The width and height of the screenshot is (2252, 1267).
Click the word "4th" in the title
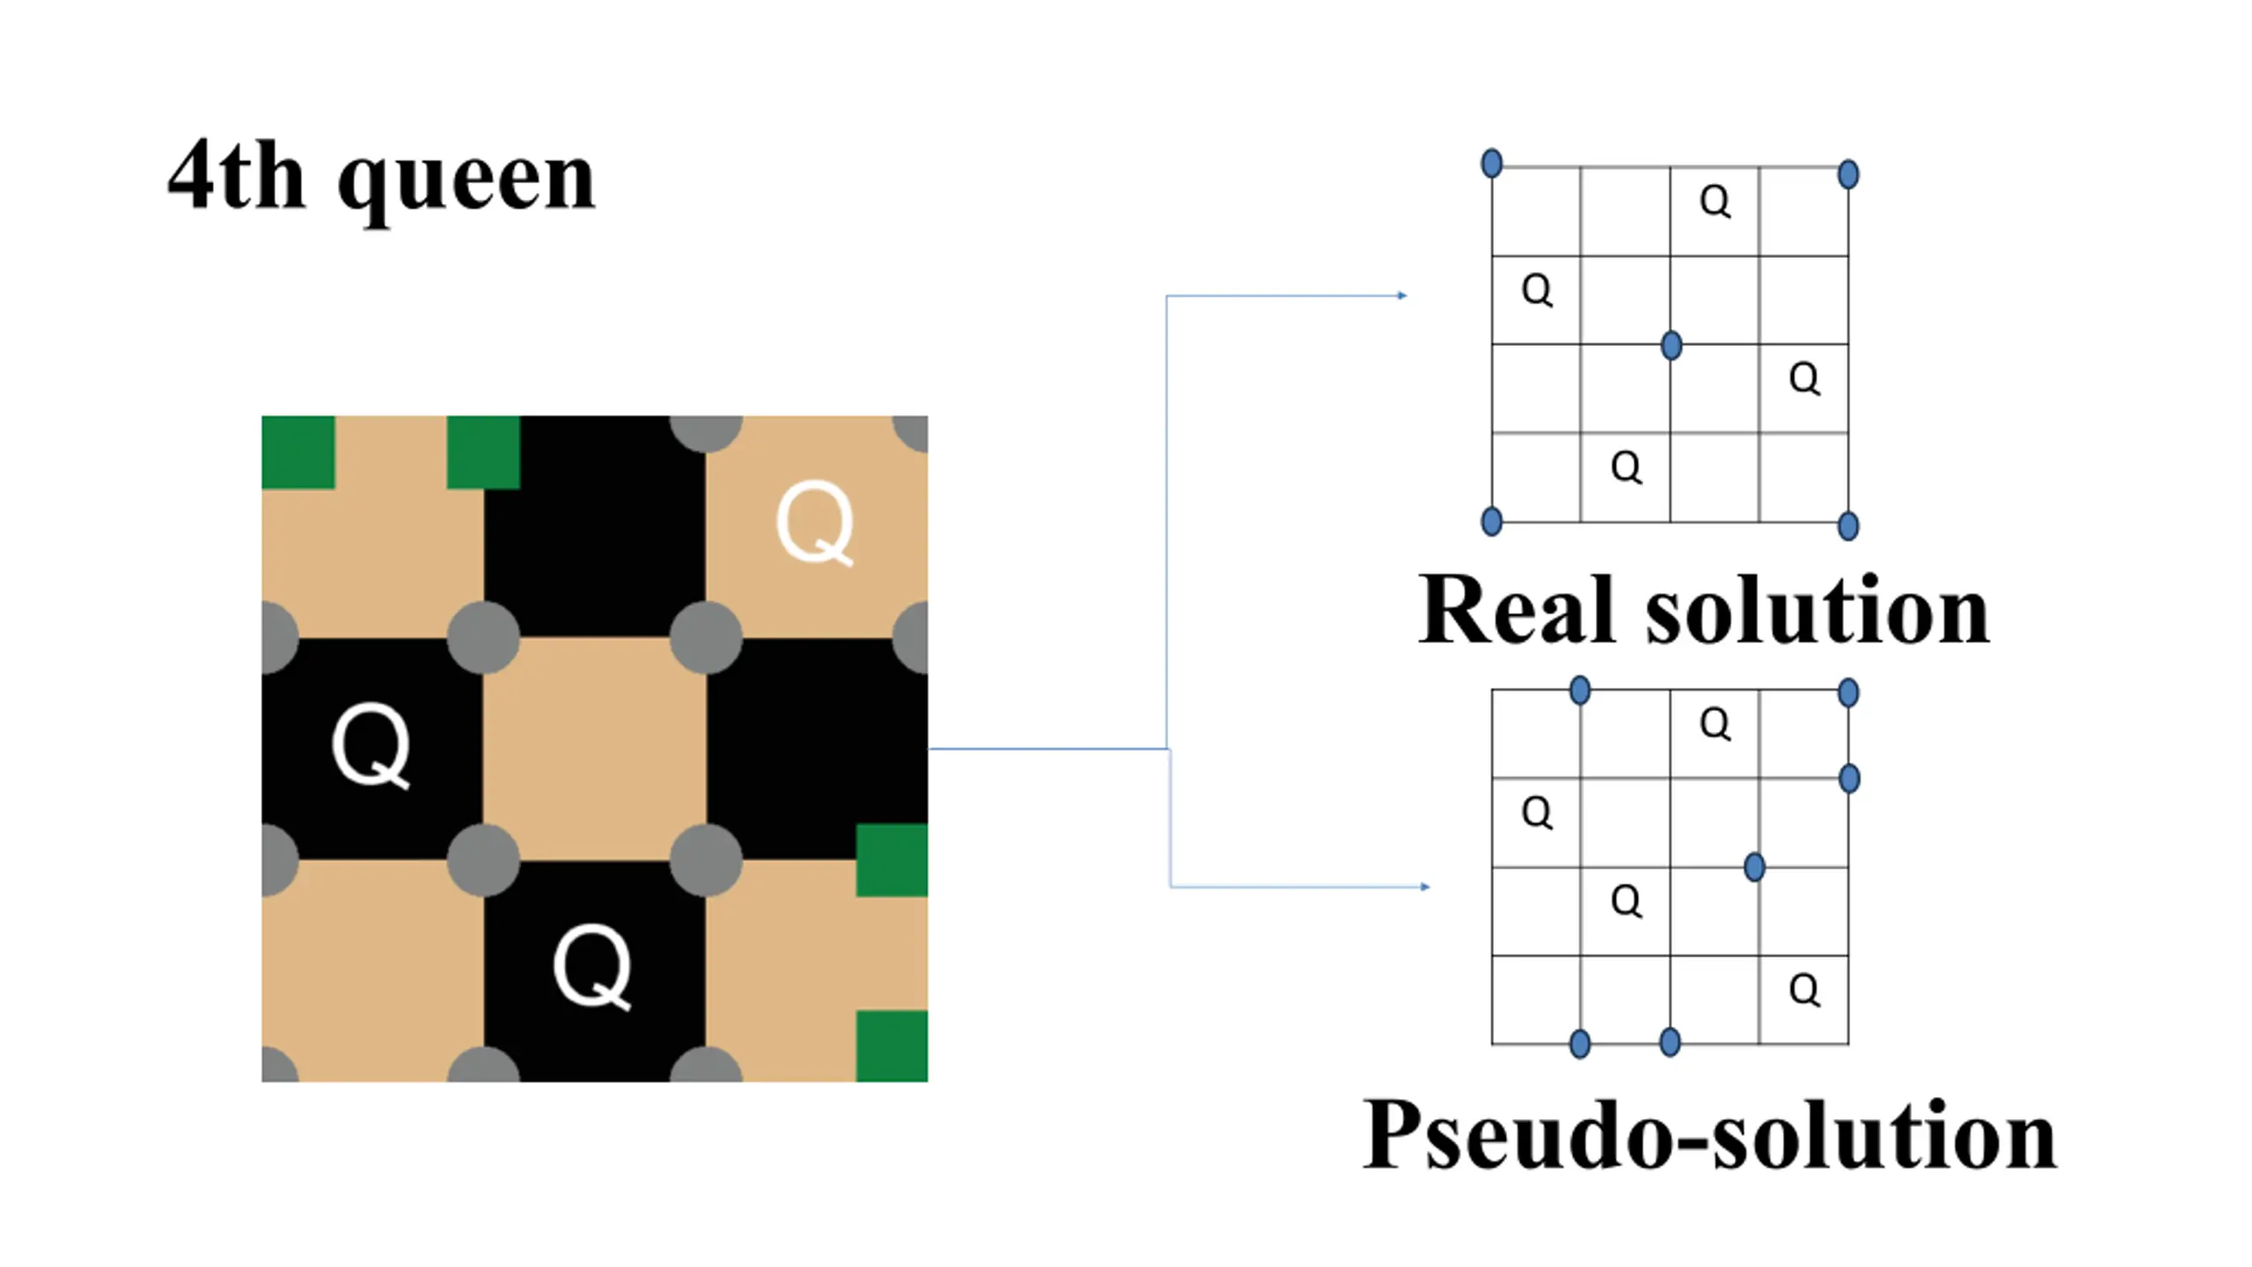236,176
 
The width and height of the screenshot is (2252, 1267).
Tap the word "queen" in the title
466,180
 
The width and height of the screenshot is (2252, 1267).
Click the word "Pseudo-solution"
1708,1135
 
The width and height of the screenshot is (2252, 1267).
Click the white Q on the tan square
815,523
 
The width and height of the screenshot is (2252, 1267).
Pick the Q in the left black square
371,745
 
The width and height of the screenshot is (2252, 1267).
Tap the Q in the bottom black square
592,967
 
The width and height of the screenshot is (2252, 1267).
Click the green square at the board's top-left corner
298,451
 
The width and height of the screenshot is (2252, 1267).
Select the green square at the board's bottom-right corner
891,1045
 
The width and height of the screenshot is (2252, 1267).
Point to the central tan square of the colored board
594,748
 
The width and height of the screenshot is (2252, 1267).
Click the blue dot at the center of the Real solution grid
1671,345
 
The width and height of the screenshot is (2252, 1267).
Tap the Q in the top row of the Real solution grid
1715,201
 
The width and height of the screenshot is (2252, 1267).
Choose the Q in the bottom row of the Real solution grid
1626,467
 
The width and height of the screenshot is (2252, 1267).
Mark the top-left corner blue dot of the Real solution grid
1492,164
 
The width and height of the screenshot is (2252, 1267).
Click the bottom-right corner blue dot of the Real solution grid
1848,526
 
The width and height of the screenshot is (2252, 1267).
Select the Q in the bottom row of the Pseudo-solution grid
1803,990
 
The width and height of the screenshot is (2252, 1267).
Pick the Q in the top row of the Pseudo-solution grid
1715,724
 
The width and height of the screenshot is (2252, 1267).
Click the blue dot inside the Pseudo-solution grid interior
1754,868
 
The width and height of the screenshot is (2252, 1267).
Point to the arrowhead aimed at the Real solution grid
1402,296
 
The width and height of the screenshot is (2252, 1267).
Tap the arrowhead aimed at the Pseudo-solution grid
1425,887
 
